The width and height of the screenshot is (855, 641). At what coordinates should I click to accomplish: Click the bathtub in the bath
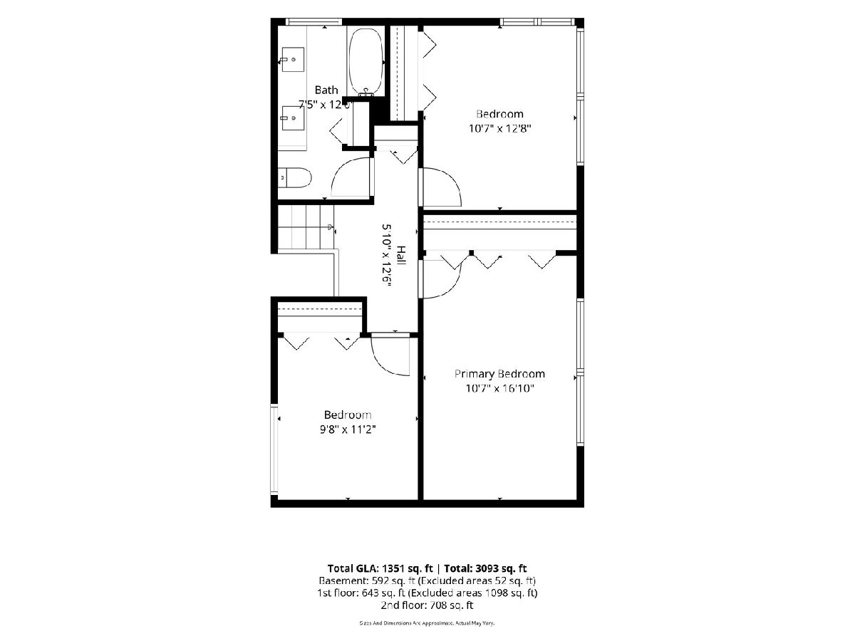[365, 61]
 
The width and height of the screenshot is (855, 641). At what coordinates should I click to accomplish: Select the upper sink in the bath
[292, 60]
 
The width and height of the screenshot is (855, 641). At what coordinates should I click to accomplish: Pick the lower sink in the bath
[292, 118]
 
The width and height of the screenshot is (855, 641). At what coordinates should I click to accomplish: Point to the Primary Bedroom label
[499, 374]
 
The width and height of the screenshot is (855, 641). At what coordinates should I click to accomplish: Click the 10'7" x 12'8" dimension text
[499, 128]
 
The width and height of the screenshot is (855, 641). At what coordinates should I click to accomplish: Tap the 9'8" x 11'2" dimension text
[348, 429]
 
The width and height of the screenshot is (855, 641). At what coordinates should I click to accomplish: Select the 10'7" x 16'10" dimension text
[499, 388]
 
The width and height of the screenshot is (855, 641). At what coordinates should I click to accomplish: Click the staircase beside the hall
[306, 227]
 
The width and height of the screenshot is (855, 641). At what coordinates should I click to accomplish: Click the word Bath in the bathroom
[326, 90]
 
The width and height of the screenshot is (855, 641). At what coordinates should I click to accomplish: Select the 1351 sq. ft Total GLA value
[408, 568]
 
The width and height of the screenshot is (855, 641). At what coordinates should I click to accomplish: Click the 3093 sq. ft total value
[502, 568]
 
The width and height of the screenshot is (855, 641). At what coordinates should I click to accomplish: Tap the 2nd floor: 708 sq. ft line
[427, 605]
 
